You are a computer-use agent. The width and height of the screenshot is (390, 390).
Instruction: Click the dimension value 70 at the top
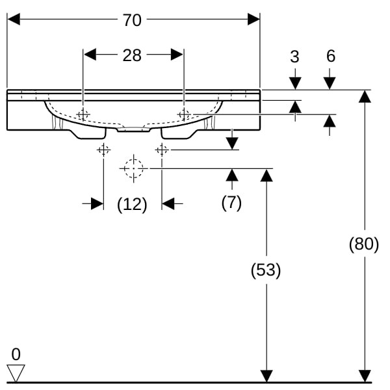(x=132, y=20)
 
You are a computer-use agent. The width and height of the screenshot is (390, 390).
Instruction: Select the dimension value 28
(x=132, y=55)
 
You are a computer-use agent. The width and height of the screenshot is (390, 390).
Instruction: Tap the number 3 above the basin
(x=294, y=57)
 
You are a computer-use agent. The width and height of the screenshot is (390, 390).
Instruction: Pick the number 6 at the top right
(x=330, y=57)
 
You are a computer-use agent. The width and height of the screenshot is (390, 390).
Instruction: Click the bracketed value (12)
(x=132, y=204)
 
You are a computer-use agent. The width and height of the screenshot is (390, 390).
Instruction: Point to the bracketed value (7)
(x=231, y=203)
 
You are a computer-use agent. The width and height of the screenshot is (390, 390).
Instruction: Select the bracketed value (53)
(x=266, y=270)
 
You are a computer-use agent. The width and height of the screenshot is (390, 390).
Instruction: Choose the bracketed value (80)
(x=364, y=245)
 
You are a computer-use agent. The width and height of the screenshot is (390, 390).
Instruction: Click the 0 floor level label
(x=16, y=354)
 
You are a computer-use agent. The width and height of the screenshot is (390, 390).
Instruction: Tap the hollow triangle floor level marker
(x=16, y=373)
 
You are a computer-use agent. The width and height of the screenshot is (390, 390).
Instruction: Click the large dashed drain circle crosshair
(x=133, y=168)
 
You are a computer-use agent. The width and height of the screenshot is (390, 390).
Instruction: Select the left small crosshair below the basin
(x=103, y=150)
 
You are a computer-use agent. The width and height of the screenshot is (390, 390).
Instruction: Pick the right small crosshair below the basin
(x=162, y=150)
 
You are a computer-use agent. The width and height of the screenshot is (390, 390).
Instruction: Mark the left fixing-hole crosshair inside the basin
(x=83, y=114)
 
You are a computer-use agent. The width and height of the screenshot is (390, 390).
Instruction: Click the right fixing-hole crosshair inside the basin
(x=185, y=114)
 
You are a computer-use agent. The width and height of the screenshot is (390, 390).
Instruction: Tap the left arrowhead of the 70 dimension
(x=13, y=20)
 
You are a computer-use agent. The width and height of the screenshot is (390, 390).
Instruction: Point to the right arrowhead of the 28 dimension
(x=177, y=55)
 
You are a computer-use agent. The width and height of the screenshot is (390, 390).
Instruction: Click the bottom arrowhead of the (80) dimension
(x=365, y=376)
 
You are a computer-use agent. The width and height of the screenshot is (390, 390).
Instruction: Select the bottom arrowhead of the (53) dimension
(x=266, y=376)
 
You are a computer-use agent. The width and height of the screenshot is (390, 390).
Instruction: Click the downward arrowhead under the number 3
(x=295, y=83)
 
